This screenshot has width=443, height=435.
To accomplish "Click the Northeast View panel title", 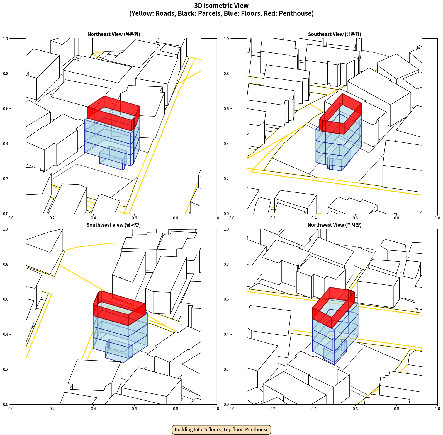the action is tap(114, 34).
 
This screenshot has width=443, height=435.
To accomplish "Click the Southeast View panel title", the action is tap(334, 34).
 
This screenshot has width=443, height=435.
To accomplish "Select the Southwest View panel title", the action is tap(114, 225).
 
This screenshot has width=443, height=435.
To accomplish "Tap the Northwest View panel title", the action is tap(334, 225).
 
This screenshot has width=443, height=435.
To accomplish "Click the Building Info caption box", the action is tap(221, 429).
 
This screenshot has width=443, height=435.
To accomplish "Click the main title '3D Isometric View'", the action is tap(221, 6).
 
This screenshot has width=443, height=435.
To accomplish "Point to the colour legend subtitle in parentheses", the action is tap(221, 13).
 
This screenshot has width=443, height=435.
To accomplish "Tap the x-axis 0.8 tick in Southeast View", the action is tap(396, 218).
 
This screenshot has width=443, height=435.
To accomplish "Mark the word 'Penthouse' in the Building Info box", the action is tap(257, 429).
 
